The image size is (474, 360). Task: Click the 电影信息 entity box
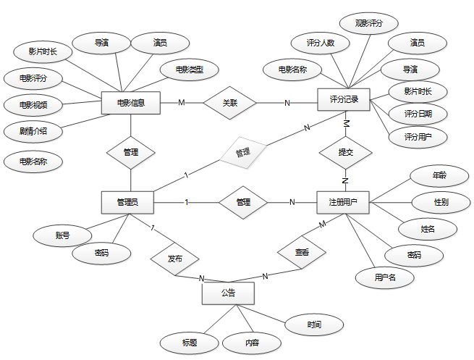(x=130, y=102)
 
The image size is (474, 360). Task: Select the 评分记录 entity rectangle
(x=344, y=99)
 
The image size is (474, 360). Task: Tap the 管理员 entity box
(x=127, y=202)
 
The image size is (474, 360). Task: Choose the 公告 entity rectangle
(x=228, y=293)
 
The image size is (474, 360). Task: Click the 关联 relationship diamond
(x=230, y=103)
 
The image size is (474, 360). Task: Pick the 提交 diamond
(x=345, y=152)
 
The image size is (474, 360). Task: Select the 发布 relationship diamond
(x=174, y=259)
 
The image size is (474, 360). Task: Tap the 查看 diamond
(x=302, y=252)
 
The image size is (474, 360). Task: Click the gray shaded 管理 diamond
(x=242, y=153)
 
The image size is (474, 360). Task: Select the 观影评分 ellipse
(x=369, y=23)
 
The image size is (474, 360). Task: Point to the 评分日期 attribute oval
(x=418, y=114)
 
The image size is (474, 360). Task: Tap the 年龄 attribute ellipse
(x=439, y=175)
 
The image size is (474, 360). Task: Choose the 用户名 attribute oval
(x=384, y=277)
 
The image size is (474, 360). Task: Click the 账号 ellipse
(x=62, y=235)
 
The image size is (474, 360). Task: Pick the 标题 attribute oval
(x=190, y=342)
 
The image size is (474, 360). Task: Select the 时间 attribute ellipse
(x=314, y=325)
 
